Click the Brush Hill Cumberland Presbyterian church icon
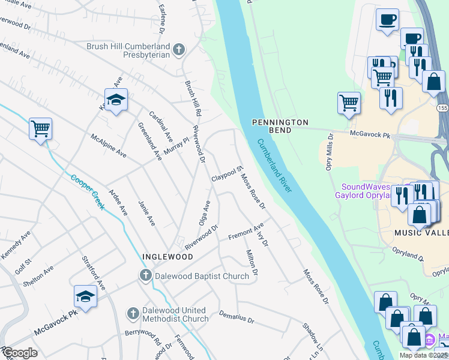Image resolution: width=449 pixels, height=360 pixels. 178,50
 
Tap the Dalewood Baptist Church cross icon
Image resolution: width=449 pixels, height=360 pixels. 145,276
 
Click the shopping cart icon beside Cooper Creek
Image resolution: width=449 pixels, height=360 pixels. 40,128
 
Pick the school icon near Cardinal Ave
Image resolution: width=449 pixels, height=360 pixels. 116,100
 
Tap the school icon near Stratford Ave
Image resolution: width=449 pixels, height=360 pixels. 85,296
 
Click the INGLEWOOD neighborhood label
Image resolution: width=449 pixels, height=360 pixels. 167,257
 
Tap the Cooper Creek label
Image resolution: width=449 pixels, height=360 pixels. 88,191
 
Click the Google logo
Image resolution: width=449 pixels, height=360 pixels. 20,353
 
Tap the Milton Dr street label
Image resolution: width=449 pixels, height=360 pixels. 252,263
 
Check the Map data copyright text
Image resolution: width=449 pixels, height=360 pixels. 423,355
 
